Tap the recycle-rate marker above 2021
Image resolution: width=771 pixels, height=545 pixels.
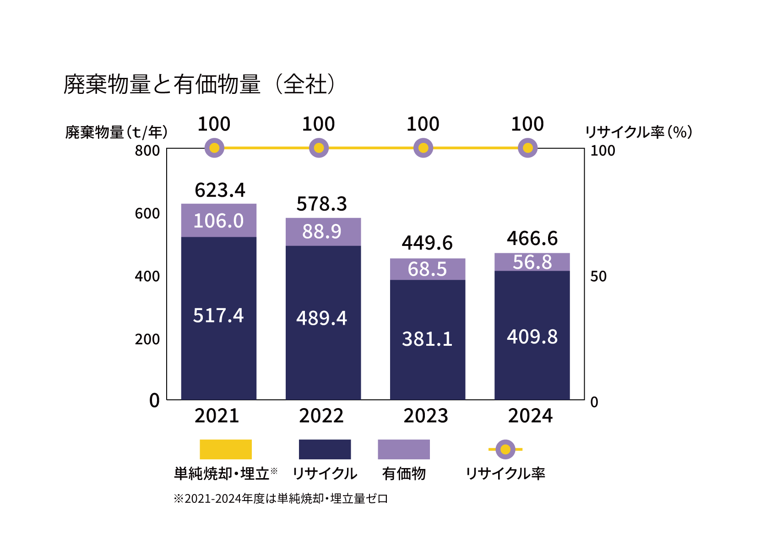tap(214, 148)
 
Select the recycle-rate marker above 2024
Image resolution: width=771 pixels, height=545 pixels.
tap(527, 148)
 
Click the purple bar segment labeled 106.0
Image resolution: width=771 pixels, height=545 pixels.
tap(218, 221)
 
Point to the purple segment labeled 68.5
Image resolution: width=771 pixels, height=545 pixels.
tap(427, 269)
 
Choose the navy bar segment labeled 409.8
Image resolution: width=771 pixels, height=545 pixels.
tap(532, 337)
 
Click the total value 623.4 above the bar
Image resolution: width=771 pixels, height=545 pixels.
tap(220, 190)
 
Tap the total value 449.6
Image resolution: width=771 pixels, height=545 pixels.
tap(427, 243)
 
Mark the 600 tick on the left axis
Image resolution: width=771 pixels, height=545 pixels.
tap(147, 213)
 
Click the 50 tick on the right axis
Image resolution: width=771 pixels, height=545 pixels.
tap(598, 276)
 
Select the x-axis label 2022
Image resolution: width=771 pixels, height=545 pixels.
tap(321, 416)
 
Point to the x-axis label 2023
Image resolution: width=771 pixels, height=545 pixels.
tap(426, 416)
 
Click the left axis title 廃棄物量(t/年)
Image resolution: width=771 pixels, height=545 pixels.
tap(116, 132)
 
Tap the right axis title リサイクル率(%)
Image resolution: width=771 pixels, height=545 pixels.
tap(639, 132)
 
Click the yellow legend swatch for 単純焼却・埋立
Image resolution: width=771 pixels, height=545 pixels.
tap(225, 449)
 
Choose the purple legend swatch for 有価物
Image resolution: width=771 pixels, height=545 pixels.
tap(403, 449)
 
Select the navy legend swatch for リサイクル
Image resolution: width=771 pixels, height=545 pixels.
tap(325, 449)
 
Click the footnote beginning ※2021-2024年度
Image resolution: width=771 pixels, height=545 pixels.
tap(280, 498)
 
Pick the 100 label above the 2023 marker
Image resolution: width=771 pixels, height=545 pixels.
tap(423, 124)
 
